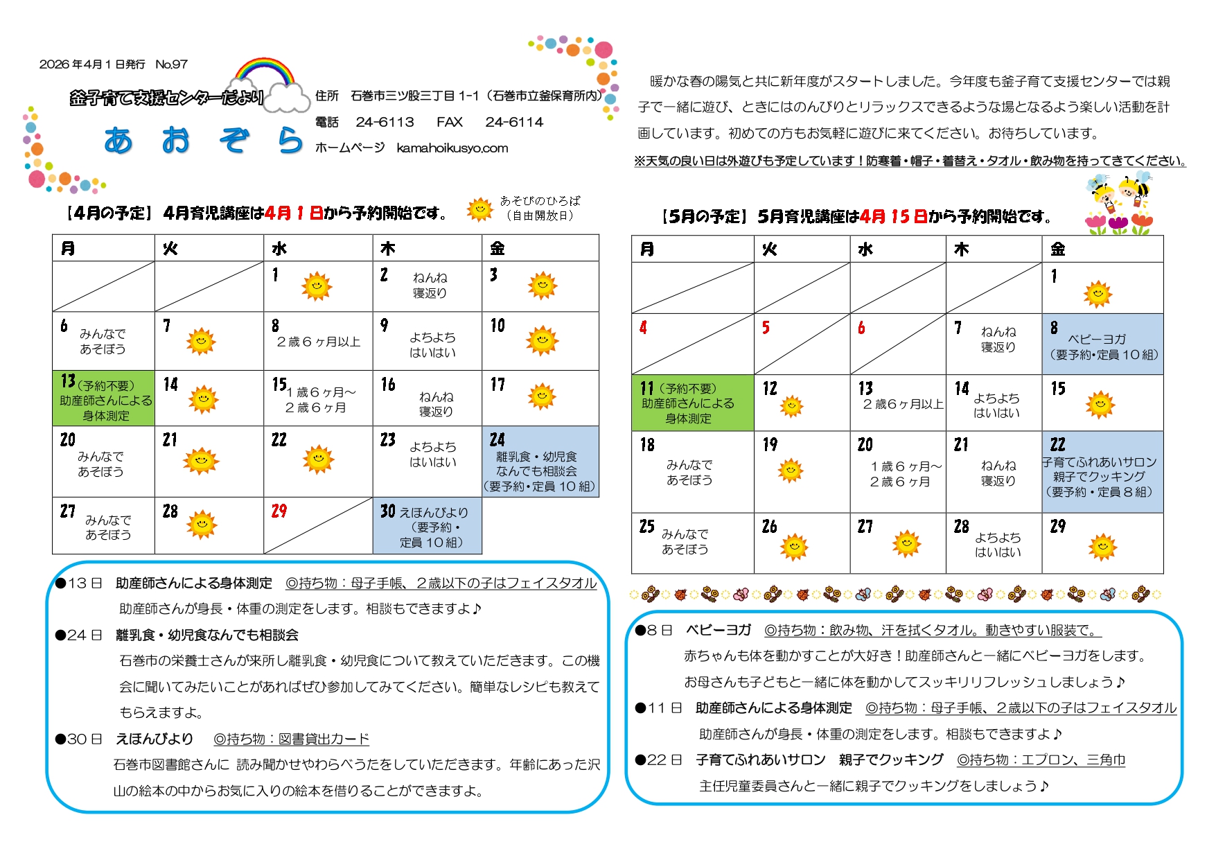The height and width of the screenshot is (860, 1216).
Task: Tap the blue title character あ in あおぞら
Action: (118, 141)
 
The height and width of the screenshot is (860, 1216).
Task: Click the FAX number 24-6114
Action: (514, 122)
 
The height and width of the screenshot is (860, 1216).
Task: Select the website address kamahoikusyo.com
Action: (452, 148)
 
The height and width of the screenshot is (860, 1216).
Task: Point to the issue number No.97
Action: (171, 64)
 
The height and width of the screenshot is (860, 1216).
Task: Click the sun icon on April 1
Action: (317, 286)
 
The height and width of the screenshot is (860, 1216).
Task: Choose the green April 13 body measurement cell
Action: (103, 398)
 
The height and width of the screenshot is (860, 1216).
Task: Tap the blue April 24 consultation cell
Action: (540, 462)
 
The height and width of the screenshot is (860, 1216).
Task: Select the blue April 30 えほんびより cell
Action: (428, 526)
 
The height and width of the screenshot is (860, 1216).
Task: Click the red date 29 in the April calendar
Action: (279, 511)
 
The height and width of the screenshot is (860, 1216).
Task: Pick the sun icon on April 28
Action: (202, 524)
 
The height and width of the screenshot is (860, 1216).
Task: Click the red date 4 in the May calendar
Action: (643, 327)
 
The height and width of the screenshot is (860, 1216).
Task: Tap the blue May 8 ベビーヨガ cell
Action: (1102, 344)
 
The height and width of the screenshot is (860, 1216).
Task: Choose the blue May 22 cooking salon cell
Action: (1102, 472)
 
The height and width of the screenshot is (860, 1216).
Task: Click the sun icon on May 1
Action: (1098, 294)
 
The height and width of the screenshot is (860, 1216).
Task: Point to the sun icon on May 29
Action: (1102, 547)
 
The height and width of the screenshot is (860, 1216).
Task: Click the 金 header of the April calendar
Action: (497, 248)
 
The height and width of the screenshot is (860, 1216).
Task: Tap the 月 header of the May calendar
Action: (647, 249)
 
